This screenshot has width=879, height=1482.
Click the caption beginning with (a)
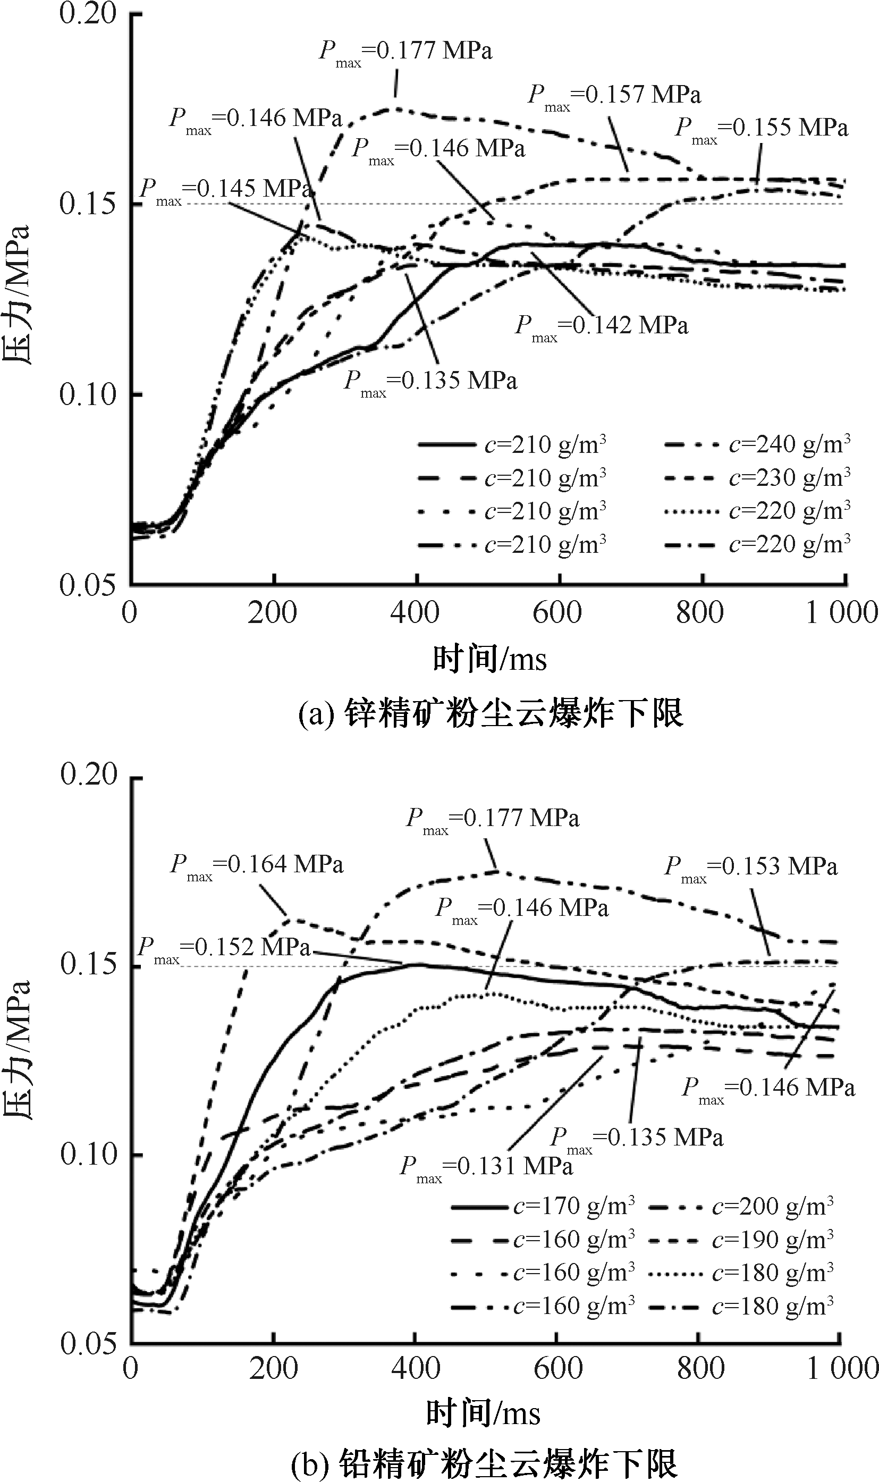491,713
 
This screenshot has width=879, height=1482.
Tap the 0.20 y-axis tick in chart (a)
88,13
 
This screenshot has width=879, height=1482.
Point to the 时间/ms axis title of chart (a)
490,659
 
